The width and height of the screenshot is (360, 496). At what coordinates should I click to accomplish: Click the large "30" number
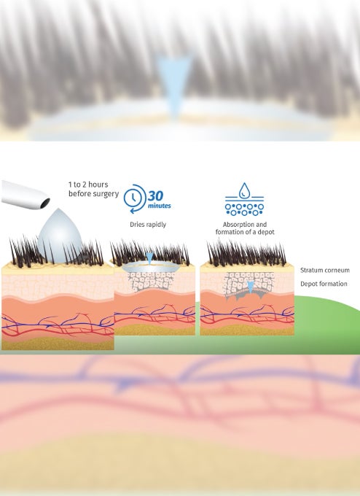tap(155, 196)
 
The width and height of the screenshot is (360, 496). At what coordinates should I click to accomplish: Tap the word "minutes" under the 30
tap(160, 206)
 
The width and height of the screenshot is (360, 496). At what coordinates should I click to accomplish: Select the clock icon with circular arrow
tap(135, 198)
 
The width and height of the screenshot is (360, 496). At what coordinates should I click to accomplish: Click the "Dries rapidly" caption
tap(148, 225)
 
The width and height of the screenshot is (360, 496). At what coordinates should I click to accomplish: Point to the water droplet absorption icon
tap(244, 199)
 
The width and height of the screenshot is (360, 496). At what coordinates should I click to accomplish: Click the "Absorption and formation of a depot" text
tap(245, 228)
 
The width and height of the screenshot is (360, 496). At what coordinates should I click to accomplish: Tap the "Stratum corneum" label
tap(325, 270)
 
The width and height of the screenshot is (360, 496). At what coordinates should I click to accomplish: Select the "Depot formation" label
tap(324, 284)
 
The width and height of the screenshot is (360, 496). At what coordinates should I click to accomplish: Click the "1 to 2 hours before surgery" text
tap(93, 189)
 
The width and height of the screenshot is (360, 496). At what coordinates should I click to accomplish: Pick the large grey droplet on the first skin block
tap(60, 236)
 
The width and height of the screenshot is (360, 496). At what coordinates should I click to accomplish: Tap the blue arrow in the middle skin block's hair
tap(150, 257)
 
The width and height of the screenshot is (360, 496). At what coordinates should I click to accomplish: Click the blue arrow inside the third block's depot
tap(251, 287)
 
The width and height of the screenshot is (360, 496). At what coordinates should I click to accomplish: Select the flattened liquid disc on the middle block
tap(149, 267)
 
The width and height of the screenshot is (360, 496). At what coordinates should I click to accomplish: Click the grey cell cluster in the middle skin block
tap(151, 282)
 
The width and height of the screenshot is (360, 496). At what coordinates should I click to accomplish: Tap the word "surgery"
tap(107, 194)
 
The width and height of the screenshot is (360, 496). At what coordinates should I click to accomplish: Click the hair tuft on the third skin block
tap(246, 254)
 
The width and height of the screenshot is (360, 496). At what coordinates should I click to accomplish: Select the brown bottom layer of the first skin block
tap(58, 344)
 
